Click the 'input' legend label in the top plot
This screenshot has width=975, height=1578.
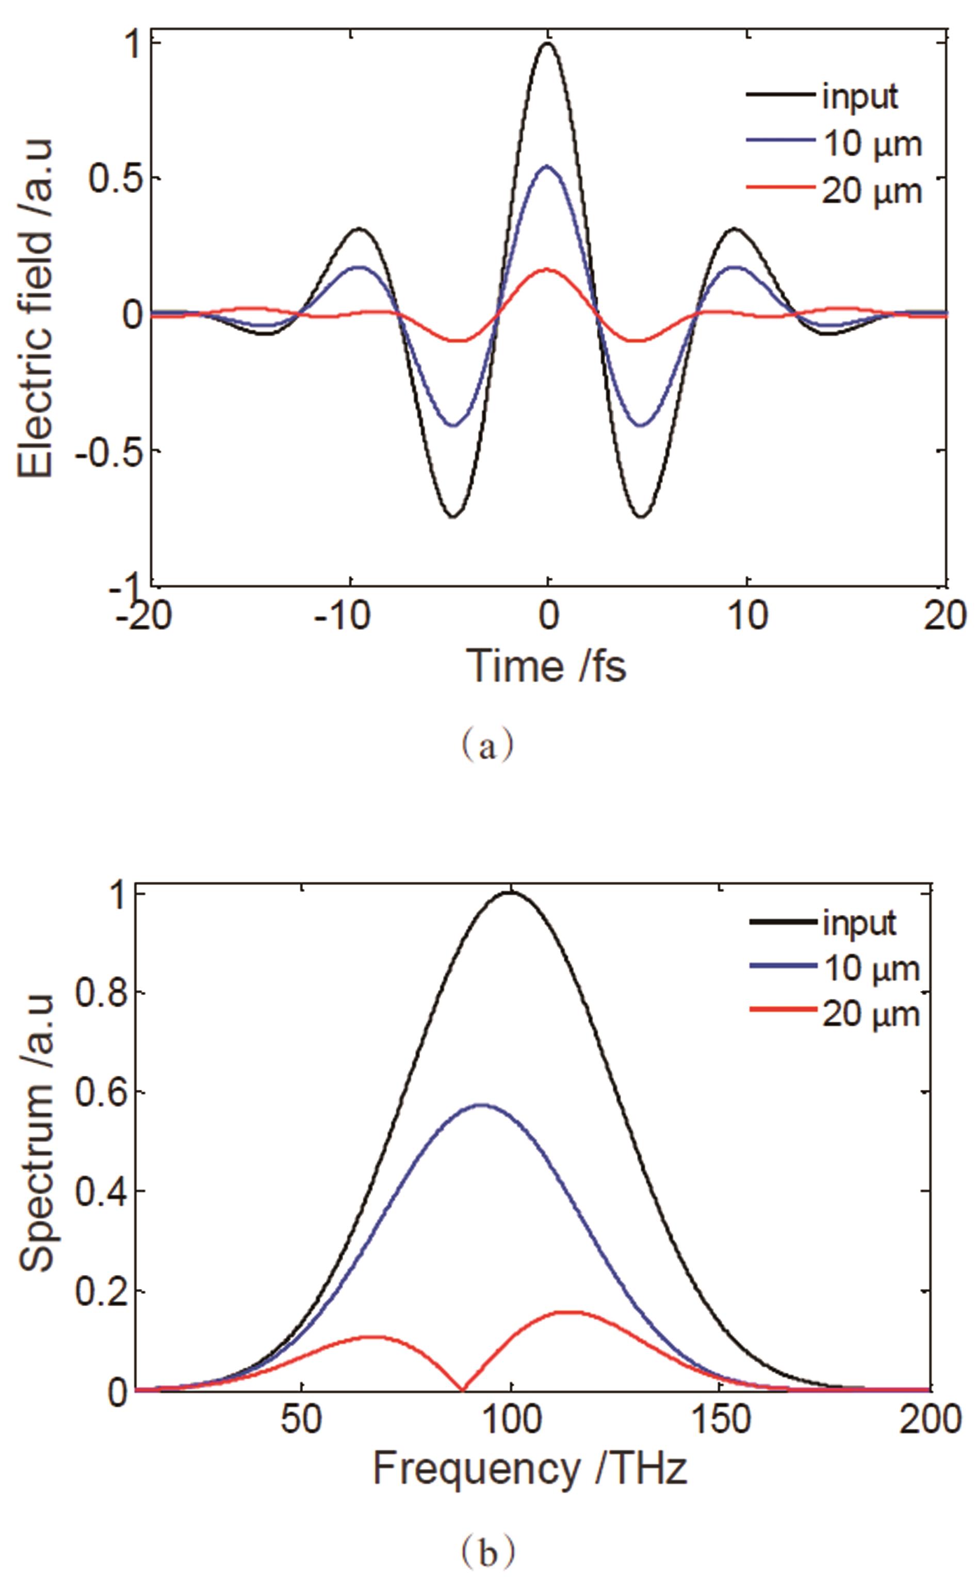pyautogui.click(x=859, y=96)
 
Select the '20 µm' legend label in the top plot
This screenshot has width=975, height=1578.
pyautogui.click(x=871, y=191)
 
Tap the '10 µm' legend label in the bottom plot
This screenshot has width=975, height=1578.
pyautogui.click(x=871, y=969)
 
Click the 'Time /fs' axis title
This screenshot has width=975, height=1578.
pyautogui.click(x=547, y=666)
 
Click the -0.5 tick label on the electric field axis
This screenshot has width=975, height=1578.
pyautogui.click(x=109, y=451)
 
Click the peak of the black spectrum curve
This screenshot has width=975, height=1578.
pyautogui.click(x=511, y=893)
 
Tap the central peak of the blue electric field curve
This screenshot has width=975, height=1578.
pyautogui.click(x=547, y=166)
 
